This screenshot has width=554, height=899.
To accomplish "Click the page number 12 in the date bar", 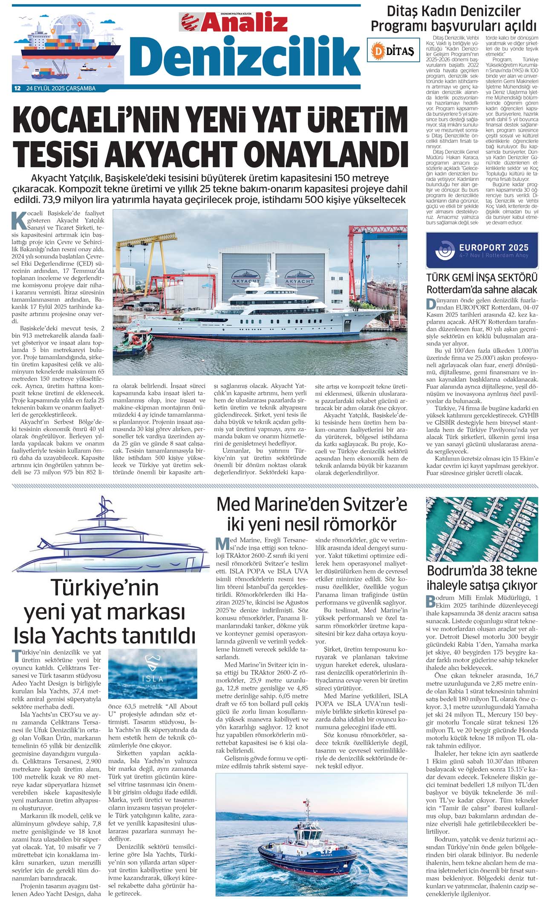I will point(17,89).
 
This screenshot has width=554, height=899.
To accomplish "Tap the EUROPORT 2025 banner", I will point(482,251).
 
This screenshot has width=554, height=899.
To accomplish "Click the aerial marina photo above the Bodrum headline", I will point(482,529).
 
